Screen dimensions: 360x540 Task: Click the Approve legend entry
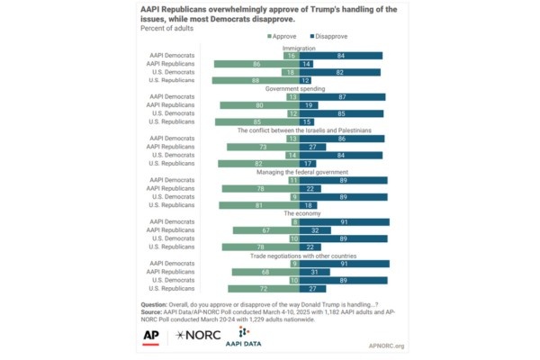tap(283, 36)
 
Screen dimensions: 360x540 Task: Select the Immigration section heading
tap(300, 47)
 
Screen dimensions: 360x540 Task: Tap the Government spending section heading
tap(300, 88)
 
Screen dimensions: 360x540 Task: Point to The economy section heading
tap(300, 212)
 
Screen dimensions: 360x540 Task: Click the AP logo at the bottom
tap(151, 335)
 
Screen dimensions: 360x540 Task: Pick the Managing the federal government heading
tap(300, 171)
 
